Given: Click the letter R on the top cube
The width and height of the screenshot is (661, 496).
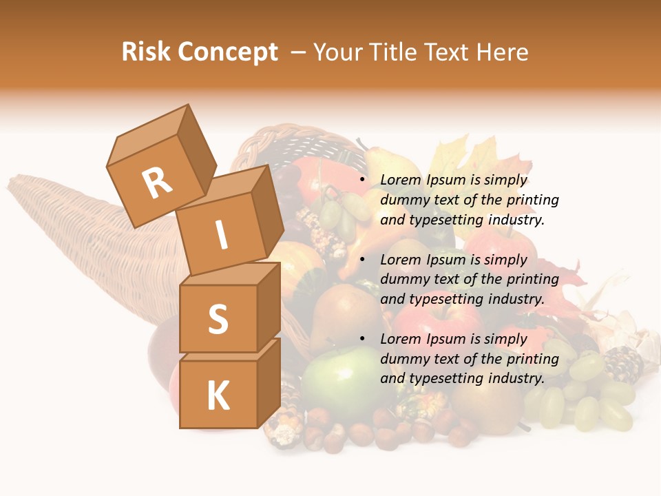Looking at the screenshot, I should (157, 183).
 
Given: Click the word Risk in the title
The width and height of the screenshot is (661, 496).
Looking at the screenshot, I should (147, 52).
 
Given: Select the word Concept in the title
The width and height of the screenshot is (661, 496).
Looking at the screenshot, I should (227, 52).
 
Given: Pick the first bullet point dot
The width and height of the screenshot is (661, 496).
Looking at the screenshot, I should (363, 180).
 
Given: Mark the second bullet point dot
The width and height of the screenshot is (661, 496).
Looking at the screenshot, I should (363, 260).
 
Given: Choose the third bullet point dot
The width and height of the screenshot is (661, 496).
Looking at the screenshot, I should (363, 339).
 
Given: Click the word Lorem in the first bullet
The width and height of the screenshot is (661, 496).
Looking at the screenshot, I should (400, 180).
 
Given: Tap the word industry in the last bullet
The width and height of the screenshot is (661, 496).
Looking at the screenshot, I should (516, 378).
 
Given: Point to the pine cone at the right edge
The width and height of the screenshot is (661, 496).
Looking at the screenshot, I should (622, 364).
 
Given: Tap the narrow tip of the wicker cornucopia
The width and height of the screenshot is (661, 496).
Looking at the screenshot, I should (21, 186).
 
